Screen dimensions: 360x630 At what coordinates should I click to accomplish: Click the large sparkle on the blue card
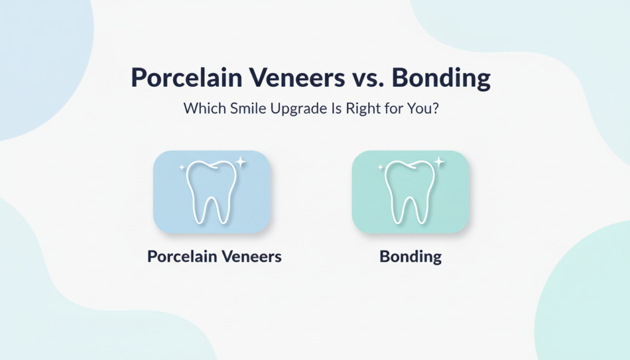241,162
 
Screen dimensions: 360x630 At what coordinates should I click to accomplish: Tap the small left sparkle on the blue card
182,167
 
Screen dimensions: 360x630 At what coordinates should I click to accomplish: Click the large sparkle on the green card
439,162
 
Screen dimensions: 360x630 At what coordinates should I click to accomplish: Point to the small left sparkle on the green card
381,167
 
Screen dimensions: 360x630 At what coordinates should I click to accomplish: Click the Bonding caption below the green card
410,256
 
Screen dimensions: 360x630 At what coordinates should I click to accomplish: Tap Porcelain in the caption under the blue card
182,256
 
